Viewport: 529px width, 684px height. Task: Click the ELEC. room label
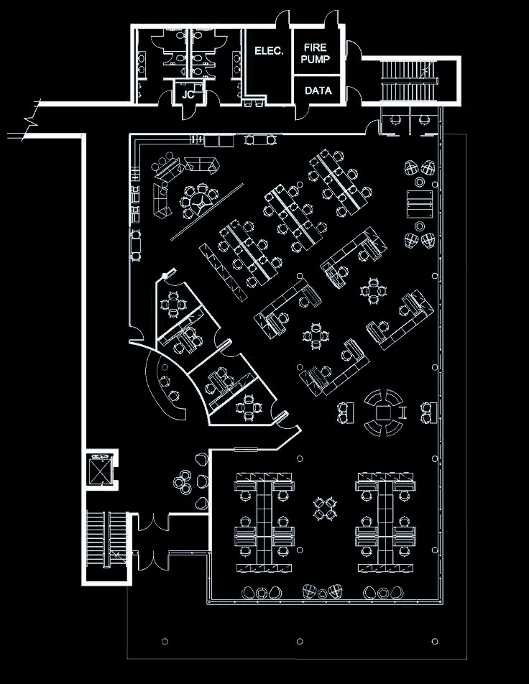click(269, 51)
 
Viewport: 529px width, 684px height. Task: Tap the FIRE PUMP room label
click(315, 53)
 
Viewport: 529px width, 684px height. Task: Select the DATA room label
click(318, 91)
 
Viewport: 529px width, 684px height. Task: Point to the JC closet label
click(188, 95)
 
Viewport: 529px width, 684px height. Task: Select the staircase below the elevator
click(106, 540)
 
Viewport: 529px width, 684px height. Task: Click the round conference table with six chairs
click(201, 202)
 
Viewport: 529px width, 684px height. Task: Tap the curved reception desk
click(166, 388)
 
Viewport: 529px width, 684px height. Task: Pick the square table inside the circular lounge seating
click(383, 412)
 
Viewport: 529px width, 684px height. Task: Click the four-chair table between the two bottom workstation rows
click(325, 508)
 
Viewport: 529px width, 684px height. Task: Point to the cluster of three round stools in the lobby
click(183, 482)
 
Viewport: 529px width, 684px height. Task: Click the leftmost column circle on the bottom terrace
click(165, 641)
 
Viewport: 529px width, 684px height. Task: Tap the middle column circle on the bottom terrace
click(300, 641)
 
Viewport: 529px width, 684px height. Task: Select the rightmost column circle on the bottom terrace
click(435, 641)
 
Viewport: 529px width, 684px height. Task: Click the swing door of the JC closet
click(187, 111)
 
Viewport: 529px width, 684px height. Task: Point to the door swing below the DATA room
click(302, 111)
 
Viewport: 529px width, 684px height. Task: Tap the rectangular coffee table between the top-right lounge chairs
click(420, 204)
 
